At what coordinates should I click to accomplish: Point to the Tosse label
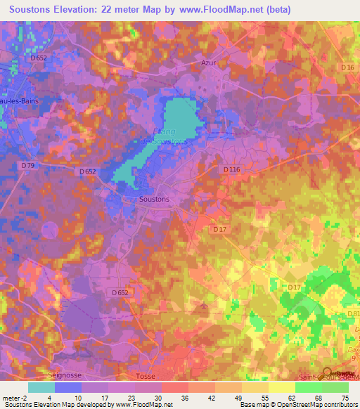tap(145, 376)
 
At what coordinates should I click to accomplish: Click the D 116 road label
tap(232, 169)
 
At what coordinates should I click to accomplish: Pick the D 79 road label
tap(28, 165)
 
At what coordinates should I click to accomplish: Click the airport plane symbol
tap(204, 306)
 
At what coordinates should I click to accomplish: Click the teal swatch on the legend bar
tap(41, 387)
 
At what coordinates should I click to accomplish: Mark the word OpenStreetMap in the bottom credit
tap(315, 405)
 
